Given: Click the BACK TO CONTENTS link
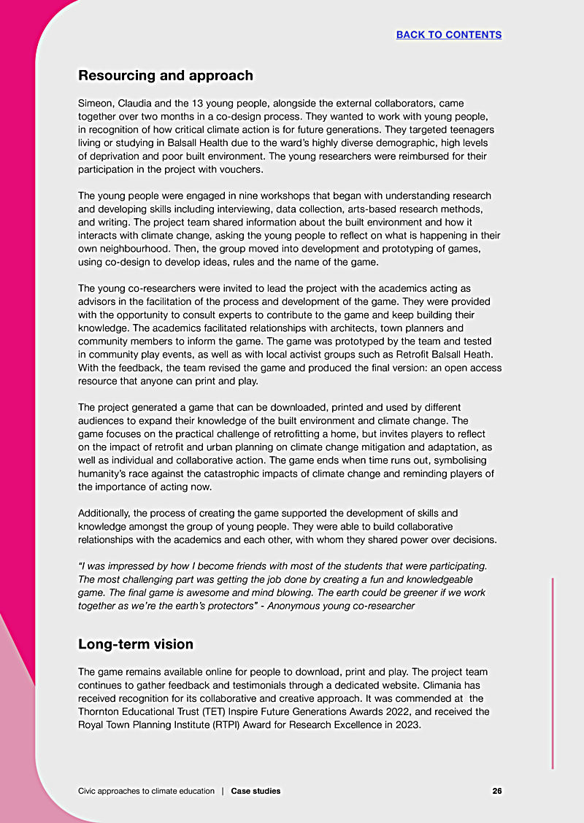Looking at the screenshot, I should (x=449, y=35).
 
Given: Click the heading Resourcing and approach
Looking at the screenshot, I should (x=166, y=75).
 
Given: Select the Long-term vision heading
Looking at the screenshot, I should (x=136, y=644).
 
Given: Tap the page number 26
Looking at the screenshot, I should (x=497, y=791).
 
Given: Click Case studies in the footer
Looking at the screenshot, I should (x=255, y=791).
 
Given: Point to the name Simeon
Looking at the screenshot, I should (x=96, y=104).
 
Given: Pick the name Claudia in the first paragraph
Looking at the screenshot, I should (x=142, y=104).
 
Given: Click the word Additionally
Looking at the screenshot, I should (x=107, y=514).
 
